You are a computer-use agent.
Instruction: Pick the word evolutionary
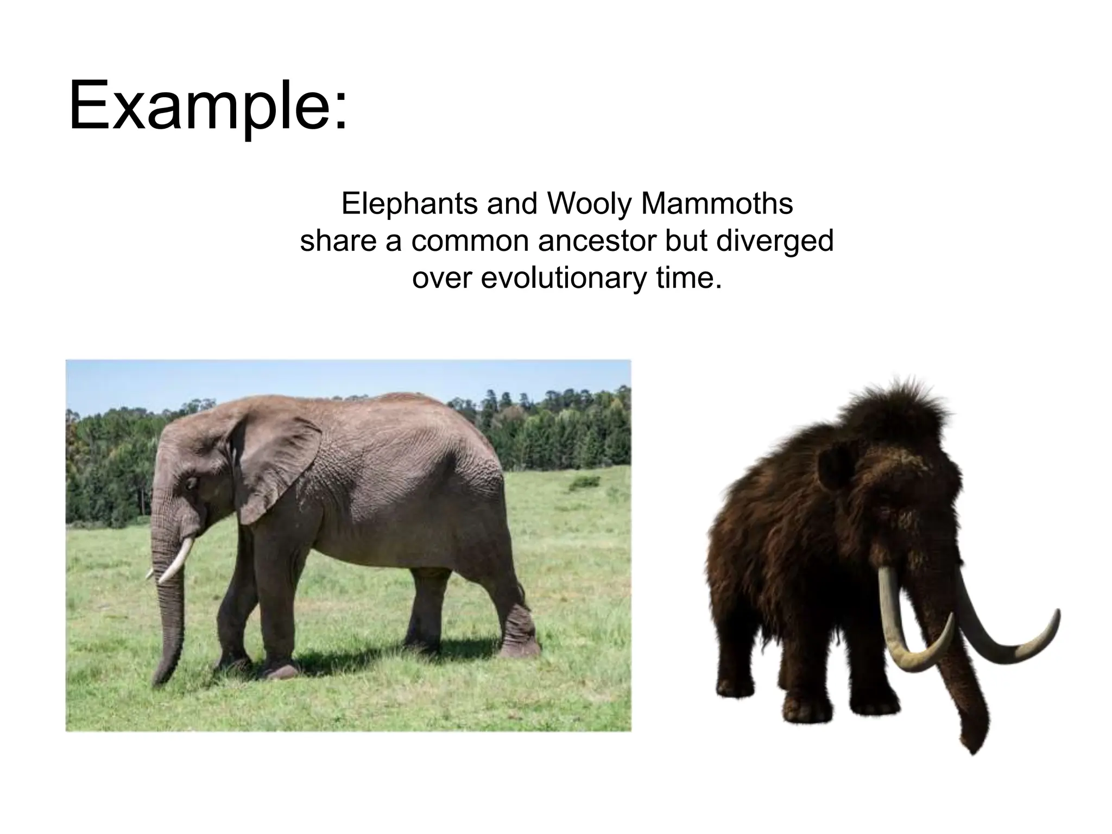point(565,278)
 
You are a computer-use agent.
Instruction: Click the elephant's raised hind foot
point(519,646)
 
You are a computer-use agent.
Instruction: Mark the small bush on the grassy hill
point(585,482)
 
